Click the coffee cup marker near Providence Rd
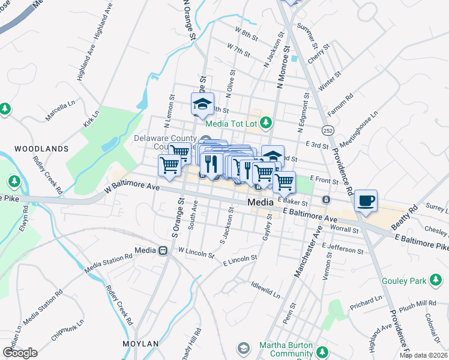(x=365, y=201)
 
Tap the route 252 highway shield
(x=327, y=131)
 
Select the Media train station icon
(x=163, y=250)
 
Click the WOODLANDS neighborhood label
(x=41, y=148)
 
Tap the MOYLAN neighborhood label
(x=140, y=344)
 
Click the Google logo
(x=20, y=352)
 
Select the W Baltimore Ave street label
(x=132, y=188)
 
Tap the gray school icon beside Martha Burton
(x=243, y=348)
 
